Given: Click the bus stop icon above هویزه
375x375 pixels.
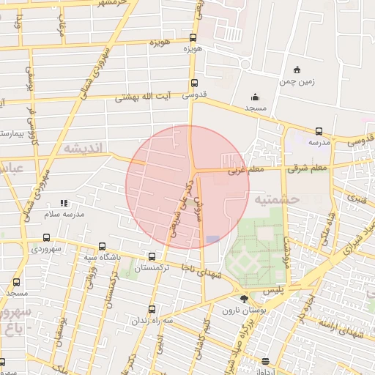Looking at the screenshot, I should click(193, 38).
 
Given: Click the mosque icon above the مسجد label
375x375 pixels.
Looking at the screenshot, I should click(255, 97).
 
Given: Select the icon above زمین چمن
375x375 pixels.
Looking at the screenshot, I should click(296, 70).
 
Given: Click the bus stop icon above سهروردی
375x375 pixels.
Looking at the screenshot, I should click(47, 237).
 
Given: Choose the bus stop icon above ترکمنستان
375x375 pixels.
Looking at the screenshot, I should click(152, 257).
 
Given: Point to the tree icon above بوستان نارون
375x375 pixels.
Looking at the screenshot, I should click(243, 298).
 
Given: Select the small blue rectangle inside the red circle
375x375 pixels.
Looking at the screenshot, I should click(212, 240).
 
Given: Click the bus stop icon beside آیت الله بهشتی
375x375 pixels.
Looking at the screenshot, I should click(193, 83).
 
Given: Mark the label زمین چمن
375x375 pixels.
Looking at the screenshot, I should click(297, 81).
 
